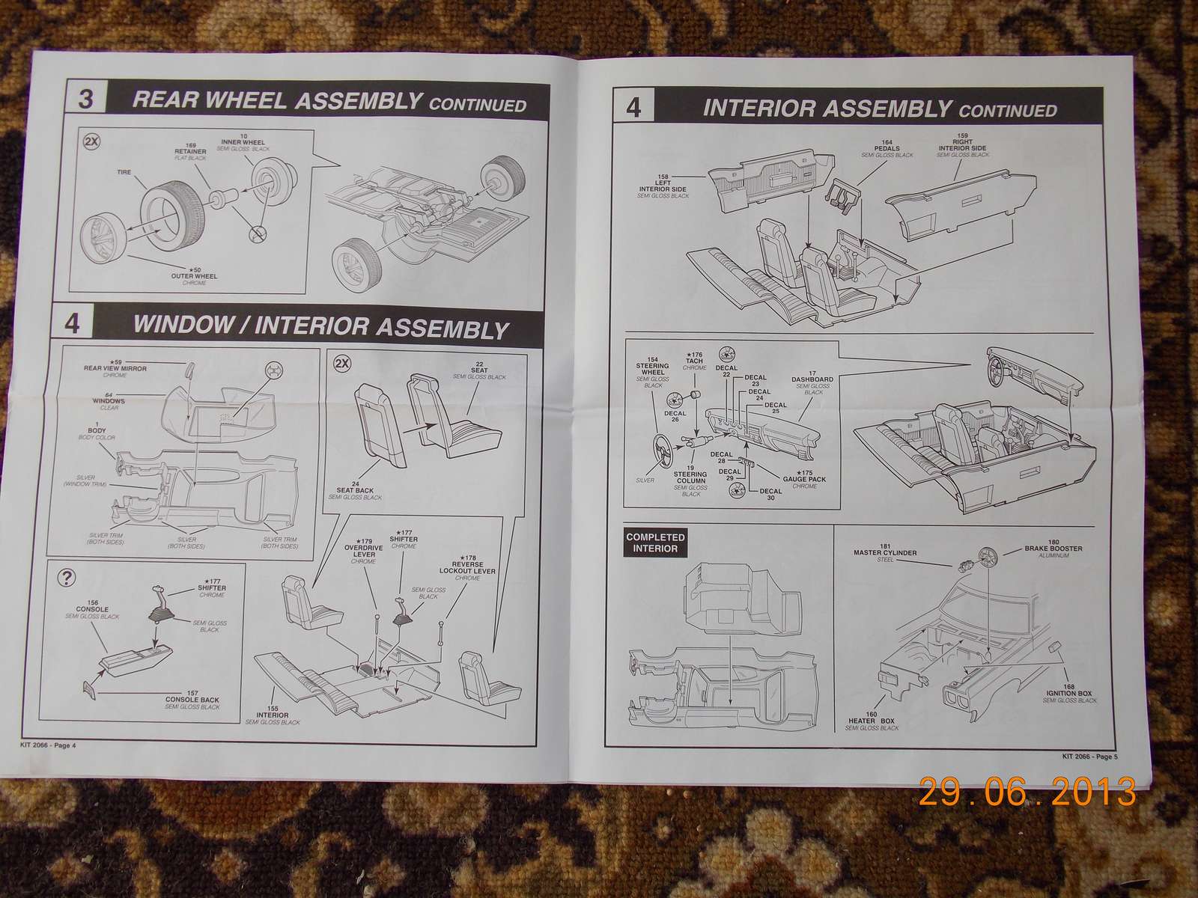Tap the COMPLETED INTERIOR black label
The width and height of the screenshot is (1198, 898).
pyautogui.click(x=655, y=543)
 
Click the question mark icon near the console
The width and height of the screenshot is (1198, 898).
pyautogui.click(x=67, y=577)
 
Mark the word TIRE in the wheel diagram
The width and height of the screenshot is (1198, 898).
pyautogui.click(x=124, y=171)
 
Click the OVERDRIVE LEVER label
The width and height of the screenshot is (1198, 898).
pyautogui.click(x=363, y=551)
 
